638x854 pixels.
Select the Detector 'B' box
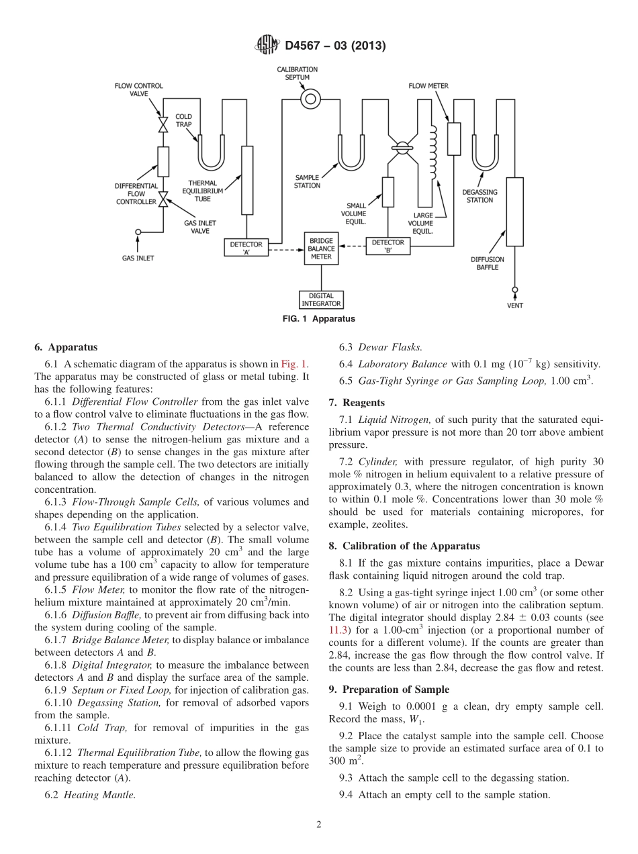[x=388, y=246]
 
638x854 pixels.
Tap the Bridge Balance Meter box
[x=321, y=248]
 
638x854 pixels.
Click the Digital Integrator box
[x=321, y=299]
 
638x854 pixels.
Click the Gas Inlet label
[x=138, y=257]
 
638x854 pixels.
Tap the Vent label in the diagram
[x=515, y=305]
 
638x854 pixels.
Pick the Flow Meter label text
[x=428, y=86]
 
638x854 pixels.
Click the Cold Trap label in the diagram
[x=184, y=120]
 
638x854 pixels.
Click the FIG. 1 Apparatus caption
[x=318, y=319]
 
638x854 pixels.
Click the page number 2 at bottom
[x=319, y=824]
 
